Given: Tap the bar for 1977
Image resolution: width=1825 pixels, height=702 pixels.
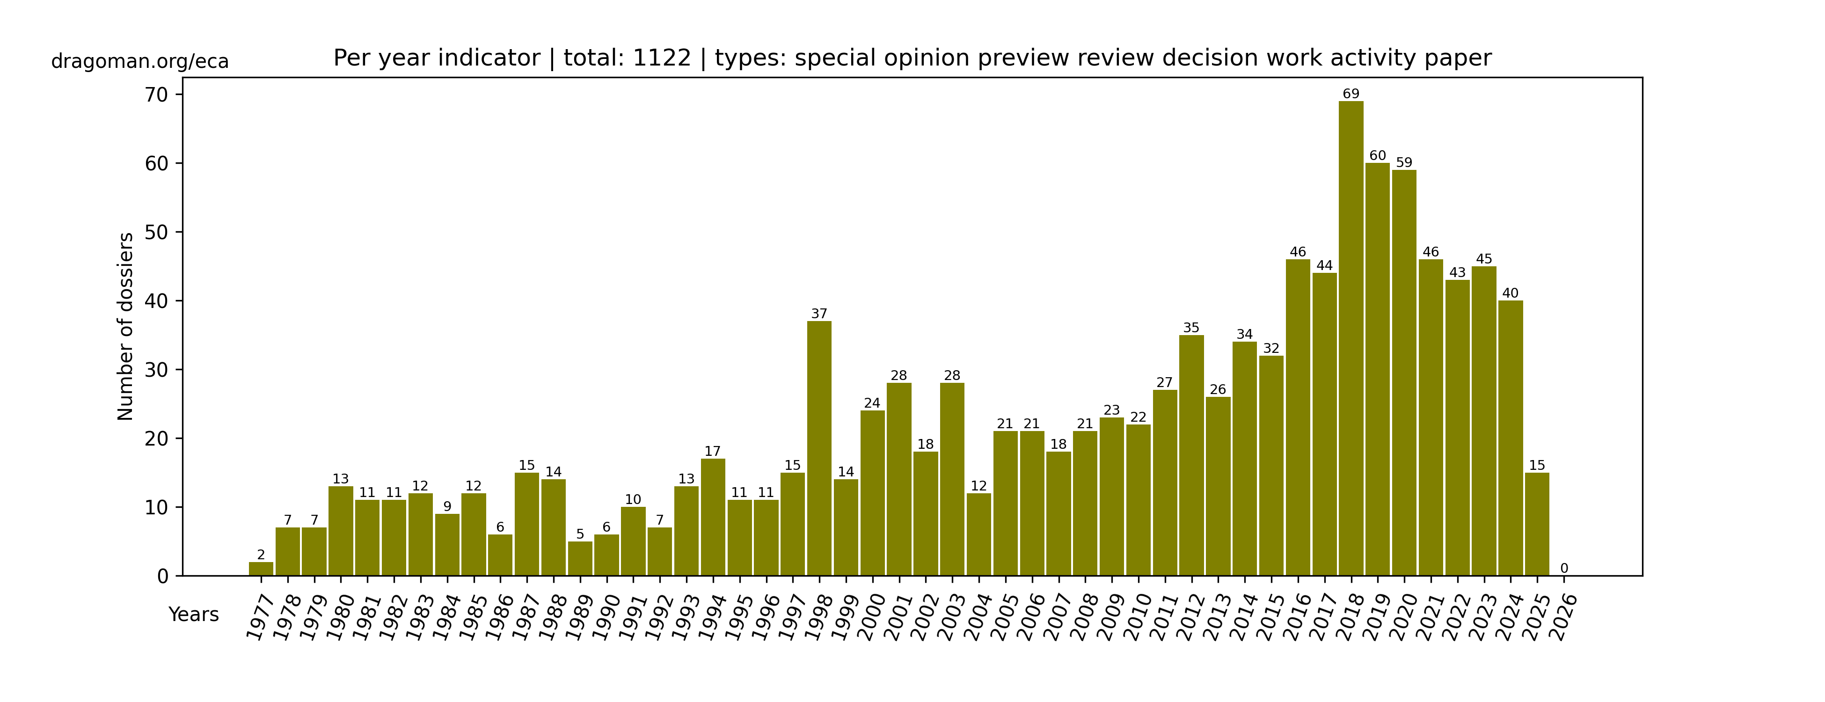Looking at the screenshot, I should tap(261, 569).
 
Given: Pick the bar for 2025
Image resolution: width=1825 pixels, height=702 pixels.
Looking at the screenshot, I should tap(1537, 524).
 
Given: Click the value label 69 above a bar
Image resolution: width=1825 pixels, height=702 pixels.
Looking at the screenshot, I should tap(1350, 94).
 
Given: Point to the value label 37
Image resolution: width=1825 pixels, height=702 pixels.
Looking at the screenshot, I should tap(819, 314).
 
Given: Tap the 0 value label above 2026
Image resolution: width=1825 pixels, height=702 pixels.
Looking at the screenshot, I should tap(1563, 568).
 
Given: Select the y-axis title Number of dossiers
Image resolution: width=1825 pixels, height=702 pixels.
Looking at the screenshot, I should tap(125, 327).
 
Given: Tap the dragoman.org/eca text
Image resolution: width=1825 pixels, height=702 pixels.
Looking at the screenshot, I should tap(140, 62).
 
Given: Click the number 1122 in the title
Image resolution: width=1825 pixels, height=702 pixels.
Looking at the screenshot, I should tap(662, 58).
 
